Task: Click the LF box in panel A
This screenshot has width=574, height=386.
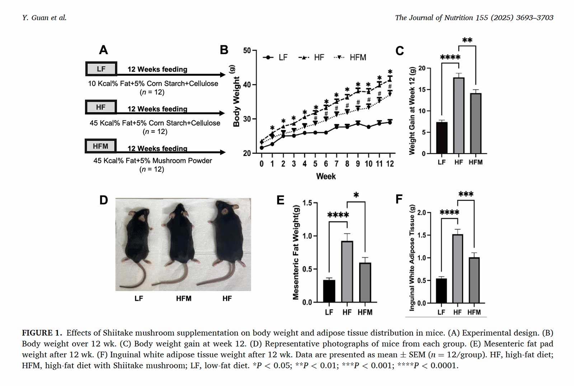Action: pos(101,69)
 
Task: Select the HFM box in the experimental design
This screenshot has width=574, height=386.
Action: pos(100,146)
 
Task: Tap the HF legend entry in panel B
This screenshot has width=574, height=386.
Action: pos(311,57)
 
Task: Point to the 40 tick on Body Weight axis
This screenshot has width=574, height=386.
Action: pos(247,85)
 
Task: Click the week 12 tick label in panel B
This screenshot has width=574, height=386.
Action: pos(390,164)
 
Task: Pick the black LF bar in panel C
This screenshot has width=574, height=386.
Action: pos(442,138)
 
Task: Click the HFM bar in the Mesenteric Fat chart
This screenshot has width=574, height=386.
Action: pos(365,282)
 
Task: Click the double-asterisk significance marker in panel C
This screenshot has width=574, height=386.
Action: pos(467,41)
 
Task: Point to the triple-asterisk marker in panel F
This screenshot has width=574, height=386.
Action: pos(466,195)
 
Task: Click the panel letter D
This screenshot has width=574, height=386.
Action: pos(103,200)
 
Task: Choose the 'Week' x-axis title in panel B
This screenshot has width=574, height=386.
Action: pos(326,176)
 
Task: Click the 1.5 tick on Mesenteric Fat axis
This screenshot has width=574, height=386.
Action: pos(307,203)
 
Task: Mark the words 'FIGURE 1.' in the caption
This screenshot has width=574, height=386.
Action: pos(42,333)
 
